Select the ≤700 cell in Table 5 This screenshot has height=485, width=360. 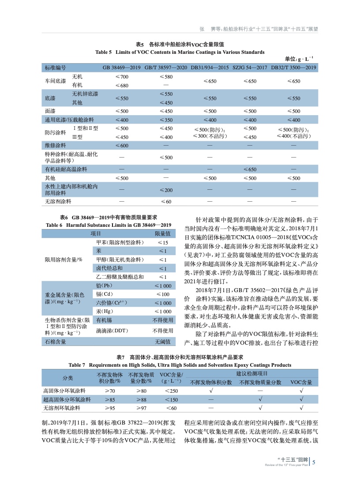pyautogui.click(x=122, y=77)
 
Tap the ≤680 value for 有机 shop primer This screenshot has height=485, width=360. pyautogui.click(x=122, y=85)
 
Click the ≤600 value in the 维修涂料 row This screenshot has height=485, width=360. pyautogui.click(x=122, y=145)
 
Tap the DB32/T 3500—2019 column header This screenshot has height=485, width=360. pyautogui.click(x=294, y=68)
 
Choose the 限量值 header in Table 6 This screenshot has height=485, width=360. pyautogui.click(x=162, y=233)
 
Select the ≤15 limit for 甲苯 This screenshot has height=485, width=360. pyautogui.click(x=163, y=242)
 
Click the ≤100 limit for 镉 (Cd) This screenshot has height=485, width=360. pyautogui.click(x=163, y=294)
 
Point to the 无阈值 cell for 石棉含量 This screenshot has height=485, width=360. pyautogui.click(x=163, y=341)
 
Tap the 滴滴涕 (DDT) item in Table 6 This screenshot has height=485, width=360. pyautogui.click(x=112, y=330)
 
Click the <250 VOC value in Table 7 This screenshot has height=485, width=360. pyautogui.click(x=171, y=391)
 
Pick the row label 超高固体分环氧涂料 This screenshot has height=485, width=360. pyautogui.click(x=67, y=399)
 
